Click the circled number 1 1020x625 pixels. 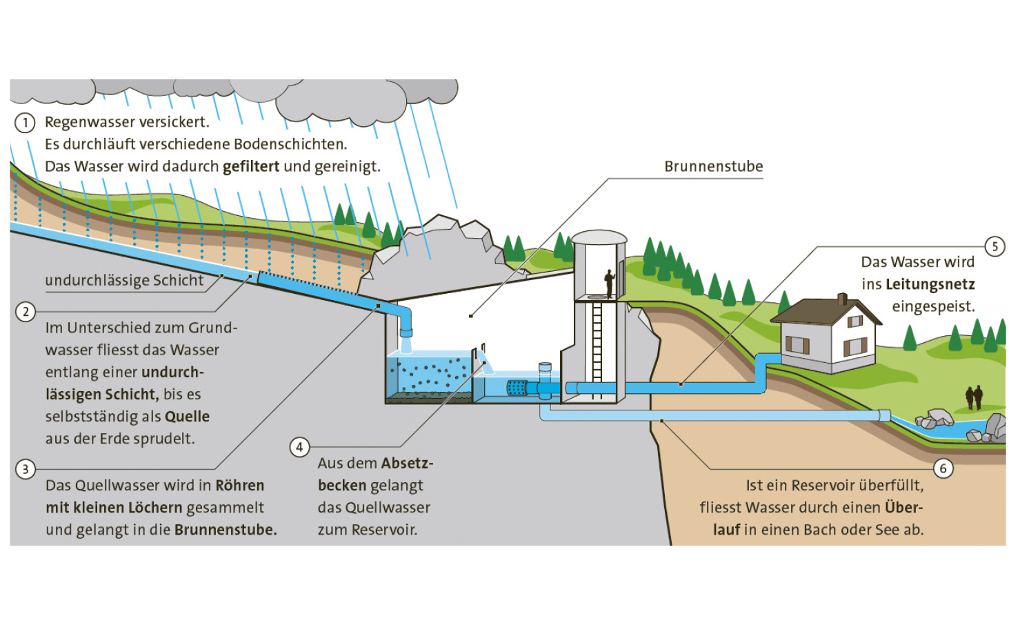click(x=25, y=123)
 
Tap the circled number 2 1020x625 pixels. click(x=26, y=311)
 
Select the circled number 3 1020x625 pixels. click(x=26, y=469)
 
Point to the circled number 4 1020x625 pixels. click(x=299, y=447)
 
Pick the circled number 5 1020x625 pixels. click(x=994, y=246)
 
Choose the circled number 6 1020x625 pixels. click(x=943, y=468)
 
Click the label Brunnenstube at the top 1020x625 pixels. click(x=713, y=166)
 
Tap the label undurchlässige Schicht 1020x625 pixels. click(x=124, y=280)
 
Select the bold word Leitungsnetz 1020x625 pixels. click(x=930, y=284)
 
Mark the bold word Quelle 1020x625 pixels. click(x=187, y=417)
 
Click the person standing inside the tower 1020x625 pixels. click(x=609, y=282)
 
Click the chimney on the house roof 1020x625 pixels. click(x=841, y=299)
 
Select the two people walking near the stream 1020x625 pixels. click(x=974, y=397)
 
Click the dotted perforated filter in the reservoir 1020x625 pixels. click(x=517, y=388)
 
